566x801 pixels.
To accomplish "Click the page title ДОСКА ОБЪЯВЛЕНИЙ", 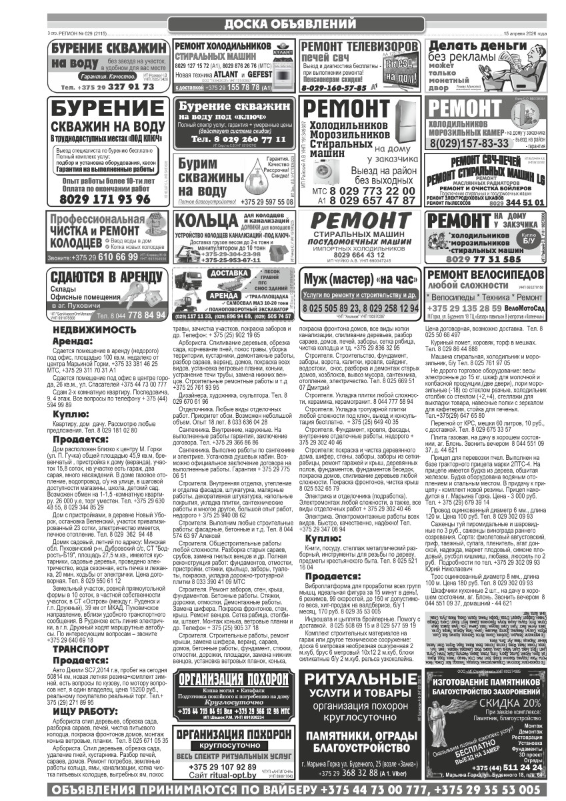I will click(283, 24).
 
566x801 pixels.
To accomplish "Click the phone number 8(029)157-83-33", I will click(469, 143).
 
